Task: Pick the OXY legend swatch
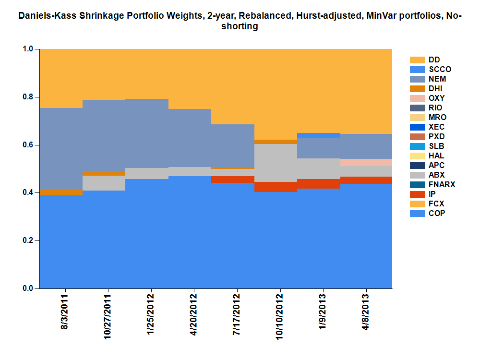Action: [418, 98]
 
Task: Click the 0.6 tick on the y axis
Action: [28, 144]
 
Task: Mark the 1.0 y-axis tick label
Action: [28, 49]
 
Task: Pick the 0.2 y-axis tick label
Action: [28, 240]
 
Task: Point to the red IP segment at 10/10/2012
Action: [276, 187]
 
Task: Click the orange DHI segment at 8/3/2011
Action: [61, 192]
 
